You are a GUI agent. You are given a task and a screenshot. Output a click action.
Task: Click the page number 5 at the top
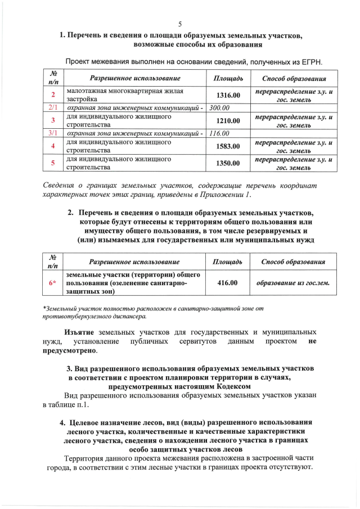coord(180,24)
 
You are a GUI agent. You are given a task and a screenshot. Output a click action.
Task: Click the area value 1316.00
coord(228,95)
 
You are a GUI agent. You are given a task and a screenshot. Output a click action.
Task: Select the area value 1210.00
coord(228,120)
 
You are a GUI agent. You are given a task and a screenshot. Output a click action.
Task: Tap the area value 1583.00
coord(228,146)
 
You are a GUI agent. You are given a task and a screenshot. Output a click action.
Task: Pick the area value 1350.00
coord(228,163)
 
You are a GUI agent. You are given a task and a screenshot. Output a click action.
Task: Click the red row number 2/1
coord(53,107)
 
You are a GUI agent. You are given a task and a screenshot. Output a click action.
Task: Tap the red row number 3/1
coord(53,133)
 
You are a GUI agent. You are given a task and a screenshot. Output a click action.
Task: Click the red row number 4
coord(53,146)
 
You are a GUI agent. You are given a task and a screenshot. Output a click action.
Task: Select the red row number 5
coord(53,163)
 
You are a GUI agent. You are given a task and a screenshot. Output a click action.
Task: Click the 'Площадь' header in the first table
coord(228,78)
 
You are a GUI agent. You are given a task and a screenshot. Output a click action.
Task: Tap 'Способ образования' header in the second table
coord(293,262)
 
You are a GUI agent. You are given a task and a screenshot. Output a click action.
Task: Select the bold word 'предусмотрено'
coord(69,351)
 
